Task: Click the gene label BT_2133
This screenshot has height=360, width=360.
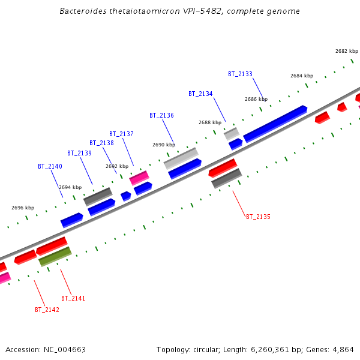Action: (x=240, y=74)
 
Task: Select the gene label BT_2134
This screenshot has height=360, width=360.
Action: (x=200, y=94)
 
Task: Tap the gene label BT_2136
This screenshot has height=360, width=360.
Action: (x=161, y=115)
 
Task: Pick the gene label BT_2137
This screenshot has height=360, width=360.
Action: (x=121, y=134)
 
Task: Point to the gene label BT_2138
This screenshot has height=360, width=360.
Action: (x=101, y=143)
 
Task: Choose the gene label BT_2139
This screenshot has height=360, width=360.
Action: (x=79, y=153)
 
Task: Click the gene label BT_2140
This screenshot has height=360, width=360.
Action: (x=50, y=166)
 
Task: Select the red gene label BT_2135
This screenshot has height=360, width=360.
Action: (x=258, y=217)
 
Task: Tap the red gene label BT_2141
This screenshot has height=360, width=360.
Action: (x=73, y=298)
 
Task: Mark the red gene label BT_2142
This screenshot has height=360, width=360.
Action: (x=47, y=310)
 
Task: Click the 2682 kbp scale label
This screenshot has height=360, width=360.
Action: (x=347, y=52)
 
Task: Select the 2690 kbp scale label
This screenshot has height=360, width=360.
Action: (x=164, y=145)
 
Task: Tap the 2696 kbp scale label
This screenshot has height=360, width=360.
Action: (x=23, y=208)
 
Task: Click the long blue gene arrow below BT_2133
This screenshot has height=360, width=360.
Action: (x=275, y=124)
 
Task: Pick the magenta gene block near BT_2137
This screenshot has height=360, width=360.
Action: (x=139, y=178)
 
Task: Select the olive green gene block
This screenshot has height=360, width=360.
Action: (x=55, y=257)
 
